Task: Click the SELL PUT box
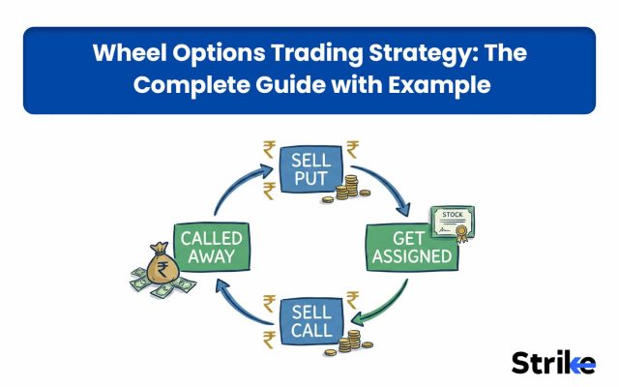[311, 169]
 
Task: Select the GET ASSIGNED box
[412, 248]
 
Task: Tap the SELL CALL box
[311, 321]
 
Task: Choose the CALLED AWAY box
[211, 248]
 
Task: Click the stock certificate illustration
[453, 223]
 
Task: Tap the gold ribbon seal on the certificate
[461, 233]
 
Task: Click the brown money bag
[162, 263]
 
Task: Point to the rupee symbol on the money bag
[162, 269]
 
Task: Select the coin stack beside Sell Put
[346, 189]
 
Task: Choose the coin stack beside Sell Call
[348, 342]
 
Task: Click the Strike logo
[553, 363]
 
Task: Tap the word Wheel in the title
[130, 52]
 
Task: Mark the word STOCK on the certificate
[453, 215]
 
